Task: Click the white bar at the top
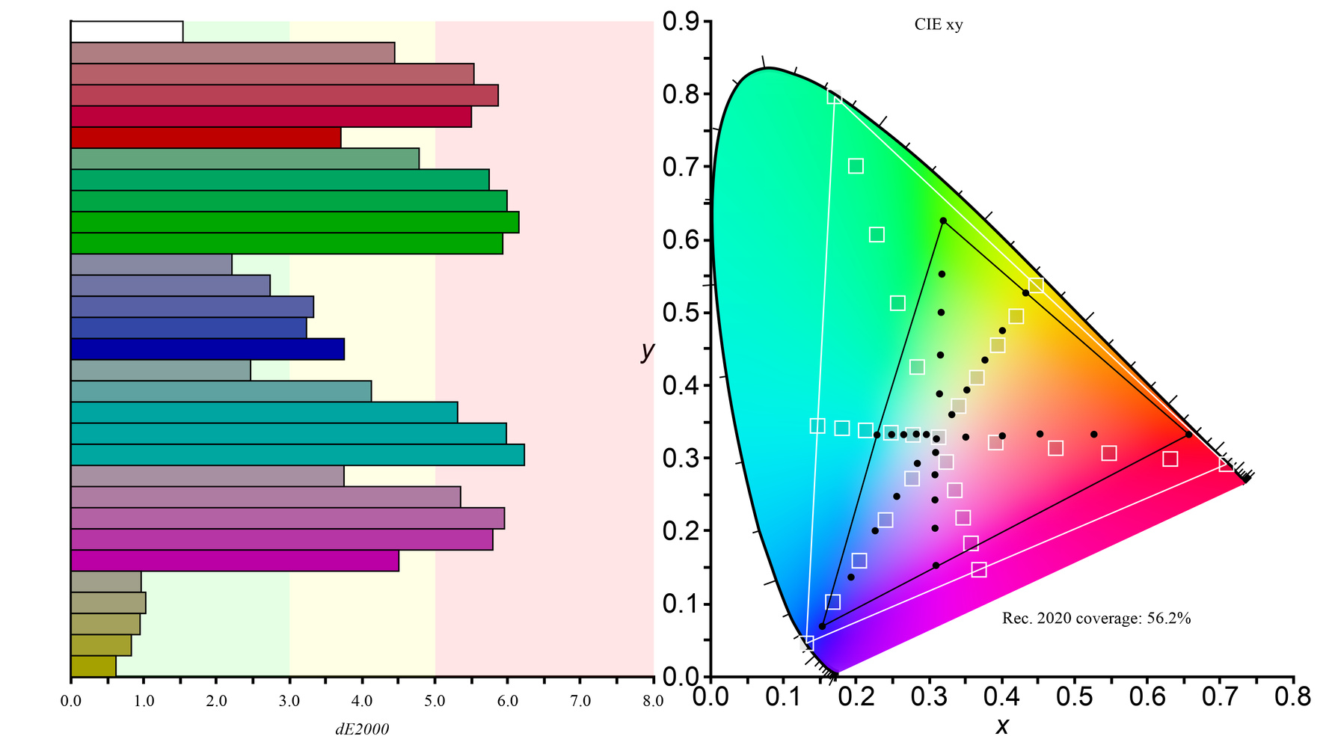pos(126,31)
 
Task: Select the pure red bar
pos(206,138)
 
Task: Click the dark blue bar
pos(207,349)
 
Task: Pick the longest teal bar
pos(297,455)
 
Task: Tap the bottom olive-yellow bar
pos(93,666)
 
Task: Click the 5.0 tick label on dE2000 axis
pos(435,702)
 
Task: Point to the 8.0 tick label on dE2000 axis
pos(653,702)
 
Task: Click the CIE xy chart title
pos(939,25)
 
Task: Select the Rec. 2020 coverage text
pos(1096,619)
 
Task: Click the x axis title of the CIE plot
pos(1002,726)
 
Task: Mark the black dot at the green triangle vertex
pos(943,221)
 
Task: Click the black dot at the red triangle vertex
pos(1189,435)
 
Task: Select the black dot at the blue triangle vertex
pos(822,626)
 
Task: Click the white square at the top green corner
pos(834,96)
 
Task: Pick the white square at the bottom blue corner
pos(806,643)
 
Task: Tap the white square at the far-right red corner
pos(1226,465)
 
